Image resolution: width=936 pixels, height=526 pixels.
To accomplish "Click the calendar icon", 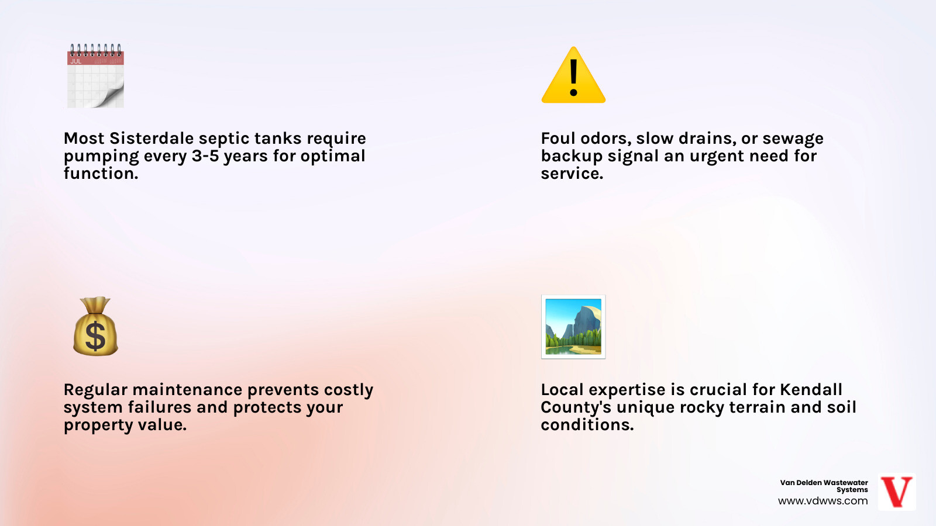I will tap(95, 76).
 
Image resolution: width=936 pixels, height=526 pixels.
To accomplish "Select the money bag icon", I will tap(95, 327).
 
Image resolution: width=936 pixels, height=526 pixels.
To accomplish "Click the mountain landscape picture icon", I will tap(573, 327).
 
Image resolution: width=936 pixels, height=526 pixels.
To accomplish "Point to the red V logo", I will tap(897, 492).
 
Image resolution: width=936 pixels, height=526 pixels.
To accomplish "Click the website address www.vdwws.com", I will tap(823, 501).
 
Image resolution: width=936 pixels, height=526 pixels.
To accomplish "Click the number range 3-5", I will tap(205, 156).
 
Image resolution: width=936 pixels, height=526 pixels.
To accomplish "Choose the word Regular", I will tap(95, 390).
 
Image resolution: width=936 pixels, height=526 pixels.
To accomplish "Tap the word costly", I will tap(349, 390).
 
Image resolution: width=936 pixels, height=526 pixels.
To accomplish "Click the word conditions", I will tap(587, 425).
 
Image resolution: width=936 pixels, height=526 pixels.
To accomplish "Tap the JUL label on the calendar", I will tap(76, 61).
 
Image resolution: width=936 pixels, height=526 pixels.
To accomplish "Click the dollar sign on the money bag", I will tap(95, 337).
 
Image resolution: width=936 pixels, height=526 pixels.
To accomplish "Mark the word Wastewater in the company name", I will tap(845, 483).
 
